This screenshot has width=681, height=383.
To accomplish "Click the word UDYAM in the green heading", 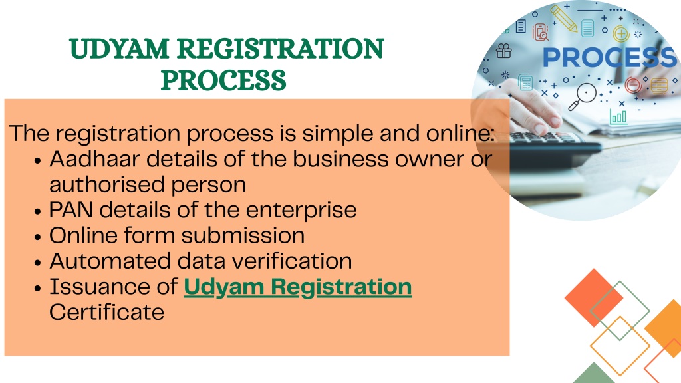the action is click(119, 48).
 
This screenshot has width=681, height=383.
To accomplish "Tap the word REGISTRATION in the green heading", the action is click(281, 48).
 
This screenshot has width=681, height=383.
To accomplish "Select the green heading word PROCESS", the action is click(223, 80).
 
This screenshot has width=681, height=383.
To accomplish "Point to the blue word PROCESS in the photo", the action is click(610, 57).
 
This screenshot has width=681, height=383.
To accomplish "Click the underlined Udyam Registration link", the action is click(298, 287).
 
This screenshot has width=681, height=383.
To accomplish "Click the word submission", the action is click(243, 235).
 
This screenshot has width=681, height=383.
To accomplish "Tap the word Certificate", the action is click(107, 313).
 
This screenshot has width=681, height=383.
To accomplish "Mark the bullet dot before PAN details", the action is click(38, 212).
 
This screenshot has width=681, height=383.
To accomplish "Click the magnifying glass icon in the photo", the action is click(583, 97).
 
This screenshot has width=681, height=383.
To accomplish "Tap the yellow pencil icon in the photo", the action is click(564, 18).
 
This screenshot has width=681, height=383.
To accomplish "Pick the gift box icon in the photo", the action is click(504, 51).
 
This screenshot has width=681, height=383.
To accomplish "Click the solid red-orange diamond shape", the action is click(594, 298).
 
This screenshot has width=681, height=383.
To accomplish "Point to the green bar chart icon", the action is click(618, 117).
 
